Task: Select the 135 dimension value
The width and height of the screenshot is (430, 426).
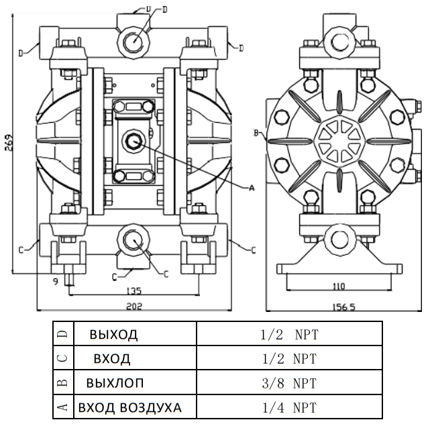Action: click(133, 290)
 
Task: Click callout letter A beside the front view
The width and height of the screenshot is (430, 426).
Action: click(252, 189)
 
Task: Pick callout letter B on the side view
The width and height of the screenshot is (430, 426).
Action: click(256, 132)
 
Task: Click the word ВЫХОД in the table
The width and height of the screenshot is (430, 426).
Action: click(113, 334)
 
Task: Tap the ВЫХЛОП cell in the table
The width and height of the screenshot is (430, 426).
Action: click(115, 383)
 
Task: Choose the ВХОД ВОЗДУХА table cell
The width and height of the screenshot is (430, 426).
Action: click(129, 407)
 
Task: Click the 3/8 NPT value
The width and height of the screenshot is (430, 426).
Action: click(290, 383)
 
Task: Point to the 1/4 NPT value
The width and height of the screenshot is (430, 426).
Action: click(290, 407)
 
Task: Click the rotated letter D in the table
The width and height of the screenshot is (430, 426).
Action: click(62, 334)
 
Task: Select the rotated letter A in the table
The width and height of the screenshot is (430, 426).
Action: click(62, 407)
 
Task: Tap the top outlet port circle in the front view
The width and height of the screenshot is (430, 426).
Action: click(132, 40)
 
